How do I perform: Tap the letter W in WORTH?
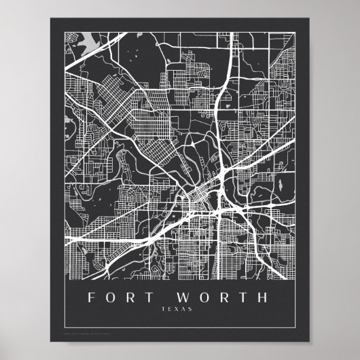pos(188,298)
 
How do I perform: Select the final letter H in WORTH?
pos(264,298)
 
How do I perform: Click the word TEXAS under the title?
pos(177,310)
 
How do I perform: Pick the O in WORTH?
pos(208,298)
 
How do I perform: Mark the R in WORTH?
pos(226,298)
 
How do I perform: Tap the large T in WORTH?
pos(245,298)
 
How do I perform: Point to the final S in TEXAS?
pos(191,310)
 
